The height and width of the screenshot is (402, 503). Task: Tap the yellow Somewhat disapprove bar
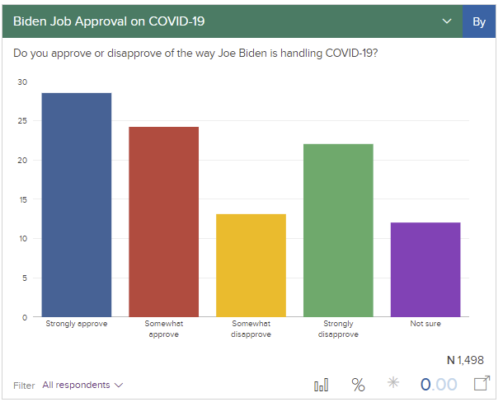[x=251, y=264]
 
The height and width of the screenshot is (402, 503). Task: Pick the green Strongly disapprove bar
[x=338, y=230]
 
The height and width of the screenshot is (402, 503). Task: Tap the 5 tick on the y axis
[x=25, y=278]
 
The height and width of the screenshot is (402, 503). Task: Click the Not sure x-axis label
[x=425, y=324]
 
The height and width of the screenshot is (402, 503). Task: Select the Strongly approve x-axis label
[x=76, y=324]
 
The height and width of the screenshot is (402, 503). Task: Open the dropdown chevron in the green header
[x=448, y=21]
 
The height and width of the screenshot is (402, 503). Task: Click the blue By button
[x=479, y=21]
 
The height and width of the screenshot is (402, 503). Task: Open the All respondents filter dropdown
[x=82, y=385]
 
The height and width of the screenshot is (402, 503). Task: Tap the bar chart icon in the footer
[x=322, y=385]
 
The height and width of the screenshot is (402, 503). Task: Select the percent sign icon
[x=358, y=385]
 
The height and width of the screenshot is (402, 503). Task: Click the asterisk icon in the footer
[x=394, y=384]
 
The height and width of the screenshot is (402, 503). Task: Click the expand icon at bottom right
[x=482, y=384]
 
